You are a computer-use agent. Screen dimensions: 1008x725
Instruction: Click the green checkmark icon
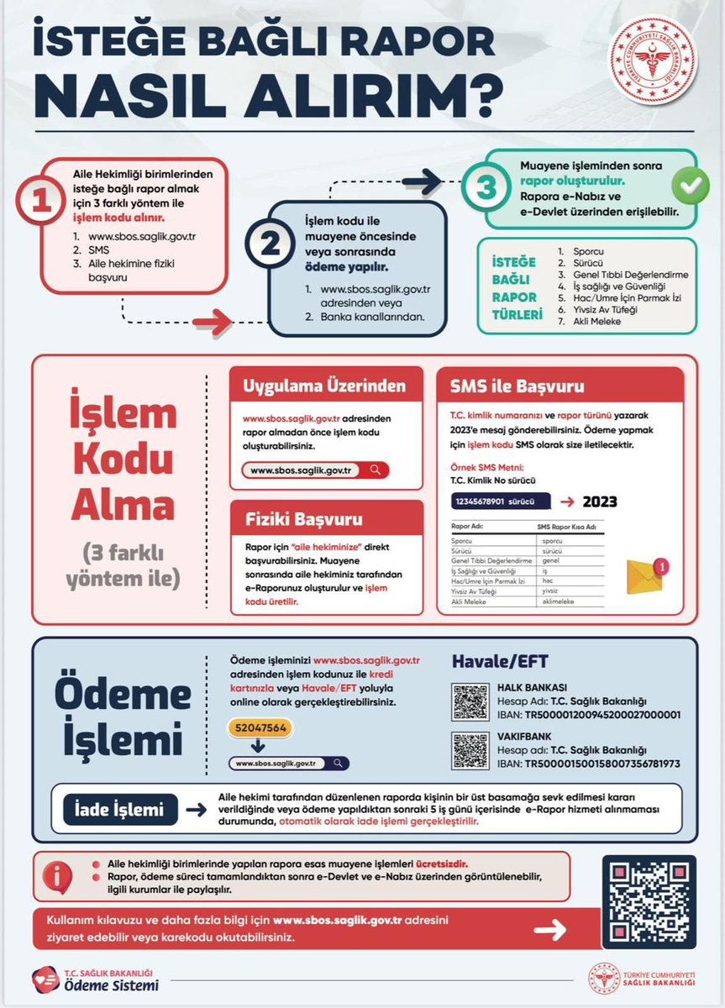(x=688, y=187)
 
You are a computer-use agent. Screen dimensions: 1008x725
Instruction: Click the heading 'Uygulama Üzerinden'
(x=324, y=387)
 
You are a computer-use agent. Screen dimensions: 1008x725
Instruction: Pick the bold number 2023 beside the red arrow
(x=600, y=502)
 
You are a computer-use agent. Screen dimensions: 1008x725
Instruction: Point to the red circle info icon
(x=58, y=876)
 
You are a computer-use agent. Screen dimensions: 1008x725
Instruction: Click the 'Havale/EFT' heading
(x=500, y=662)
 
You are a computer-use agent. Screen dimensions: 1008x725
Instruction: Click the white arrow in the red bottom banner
(x=551, y=929)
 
